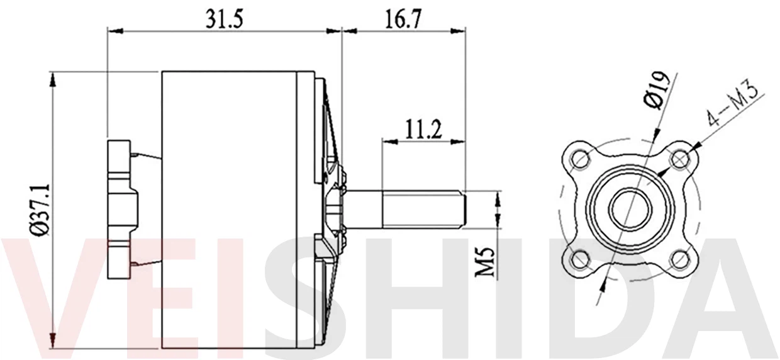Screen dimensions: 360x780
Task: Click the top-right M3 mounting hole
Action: (x=679, y=160)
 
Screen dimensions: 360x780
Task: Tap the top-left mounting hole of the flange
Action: (x=579, y=160)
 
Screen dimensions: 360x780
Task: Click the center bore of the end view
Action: (x=629, y=209)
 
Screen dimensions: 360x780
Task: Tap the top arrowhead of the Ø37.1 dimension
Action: (x=53, y=78)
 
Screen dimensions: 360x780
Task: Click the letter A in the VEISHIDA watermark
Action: (x=723, y=296)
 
